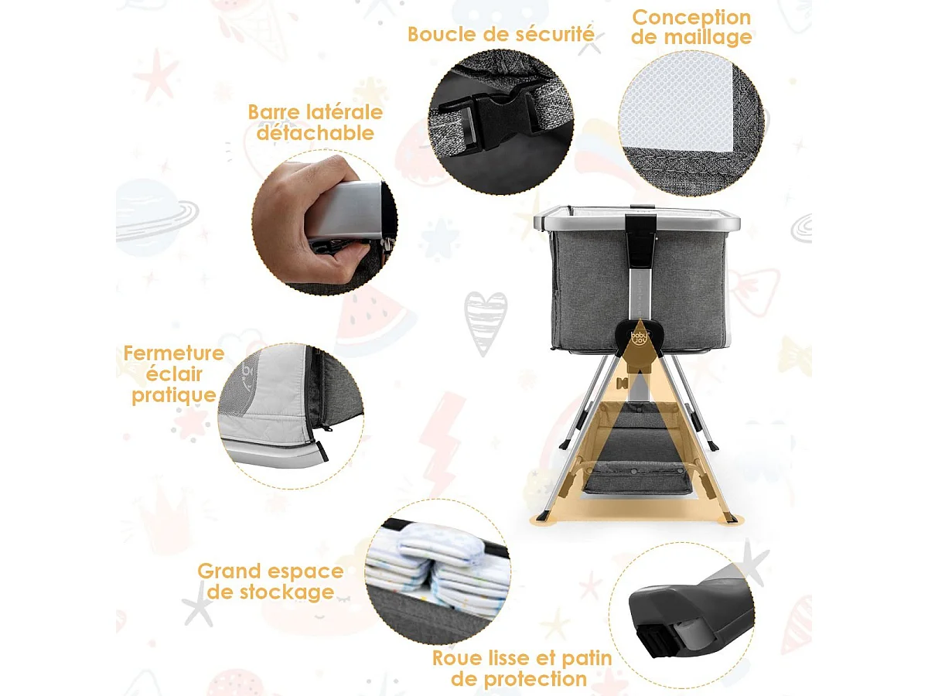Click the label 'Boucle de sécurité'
pyautogui.click(x=501, y=34)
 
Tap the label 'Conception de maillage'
pyautogui.click(x=691, y=27)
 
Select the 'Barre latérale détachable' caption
pyautogui.click(x=316, y=122)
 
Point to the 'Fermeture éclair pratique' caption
pyautogui.click(x=174, y=374)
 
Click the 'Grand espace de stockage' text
pyautogui.click(x=270, y=582)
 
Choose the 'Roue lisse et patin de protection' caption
pyautogui.click(x=522, y=669)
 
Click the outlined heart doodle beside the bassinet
pyautogui.click(x=486, y=322)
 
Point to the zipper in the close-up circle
pyautogui.click(x=321, y=402)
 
